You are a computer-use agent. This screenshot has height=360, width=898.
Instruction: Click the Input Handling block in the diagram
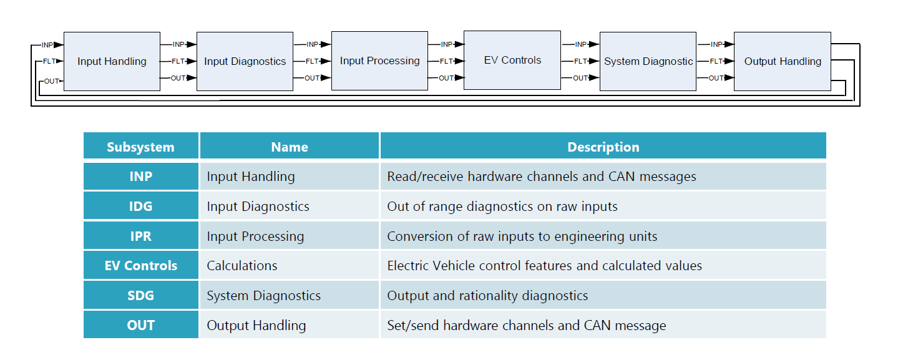(x=112, y=61)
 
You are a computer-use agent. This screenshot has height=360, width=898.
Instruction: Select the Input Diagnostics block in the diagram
(x=245, y=61)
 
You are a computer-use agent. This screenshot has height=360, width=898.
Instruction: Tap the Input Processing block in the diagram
(x=379, y=61)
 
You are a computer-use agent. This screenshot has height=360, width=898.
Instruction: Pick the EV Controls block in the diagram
(x=512, y=60)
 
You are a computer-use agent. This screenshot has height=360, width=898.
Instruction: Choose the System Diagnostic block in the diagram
(x=648, y=61)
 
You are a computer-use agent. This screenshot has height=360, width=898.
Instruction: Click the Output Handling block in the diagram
(x=783, y=61)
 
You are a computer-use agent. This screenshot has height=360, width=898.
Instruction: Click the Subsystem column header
(x=140, y=147)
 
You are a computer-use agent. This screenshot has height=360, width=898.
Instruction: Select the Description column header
(x=603, y=147)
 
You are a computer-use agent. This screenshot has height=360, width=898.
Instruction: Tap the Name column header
(x=289, y=147)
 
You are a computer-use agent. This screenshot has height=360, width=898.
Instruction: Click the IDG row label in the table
(x=140, y=207)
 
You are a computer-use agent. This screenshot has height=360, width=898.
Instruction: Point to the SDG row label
(x=140, y=296)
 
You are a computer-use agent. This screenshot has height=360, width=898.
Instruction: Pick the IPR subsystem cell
(x=140, y=236)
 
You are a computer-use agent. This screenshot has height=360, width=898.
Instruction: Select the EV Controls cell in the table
(x=140, y=266)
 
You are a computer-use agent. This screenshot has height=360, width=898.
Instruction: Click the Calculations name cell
(x=242, y=266)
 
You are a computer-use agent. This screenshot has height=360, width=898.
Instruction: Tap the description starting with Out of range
(x=502, y=207)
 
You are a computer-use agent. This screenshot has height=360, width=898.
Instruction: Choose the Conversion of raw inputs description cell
(x=522, y=236)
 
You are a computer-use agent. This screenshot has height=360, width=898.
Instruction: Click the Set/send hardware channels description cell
(x=526, y=326)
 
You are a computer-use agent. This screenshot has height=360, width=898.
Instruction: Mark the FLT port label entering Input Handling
(x=49, y=61)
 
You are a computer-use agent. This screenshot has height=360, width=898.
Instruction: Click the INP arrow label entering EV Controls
(x=446, y=44)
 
